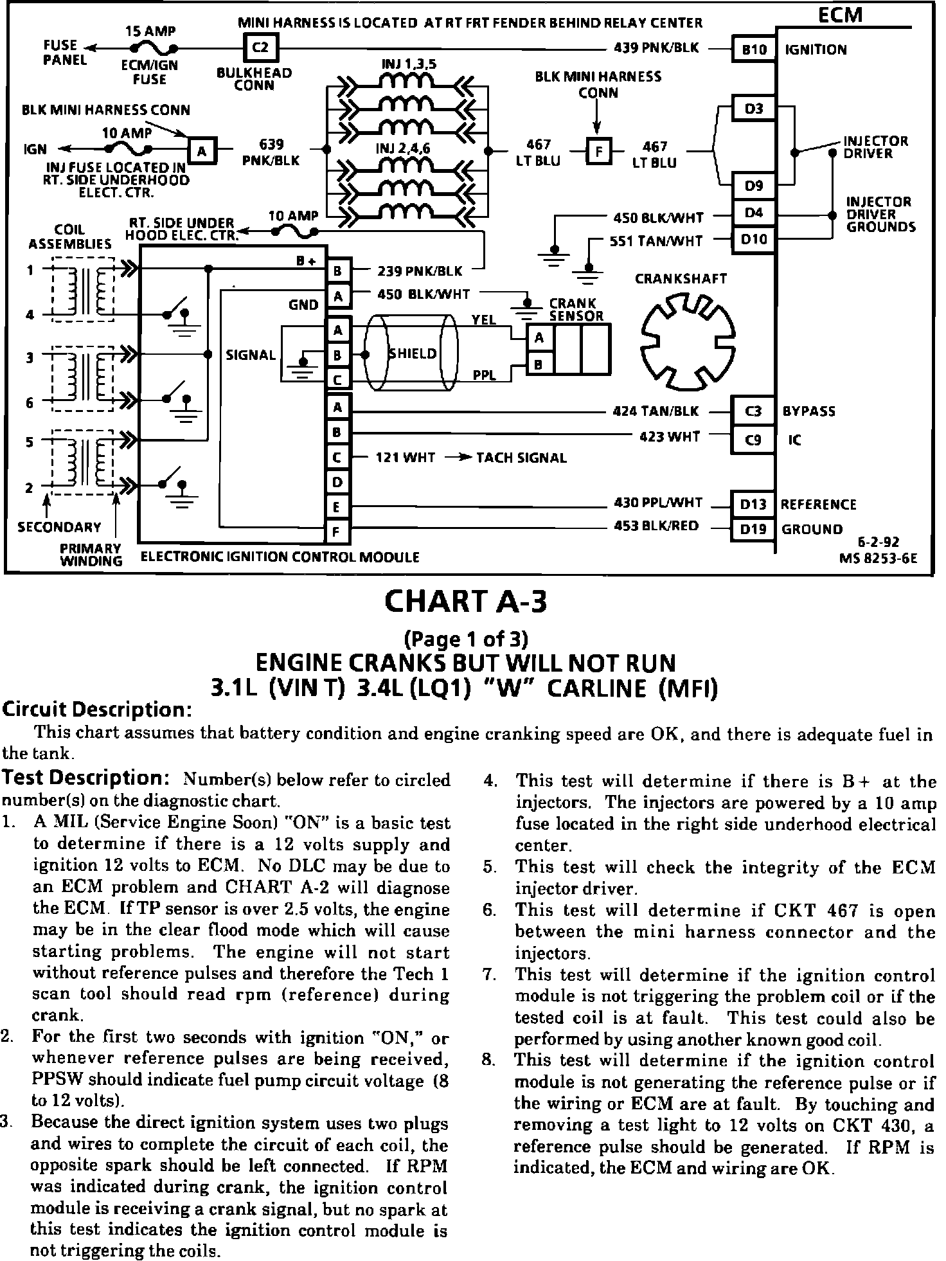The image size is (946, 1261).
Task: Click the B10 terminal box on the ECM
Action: tap(754, 49)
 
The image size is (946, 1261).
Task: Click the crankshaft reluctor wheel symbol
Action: tap(688, 341)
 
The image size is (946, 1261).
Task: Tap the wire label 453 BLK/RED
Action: tap(656, 526)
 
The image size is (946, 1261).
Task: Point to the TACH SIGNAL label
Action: tap(521, 458)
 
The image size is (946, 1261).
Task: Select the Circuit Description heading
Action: tap(98, 710)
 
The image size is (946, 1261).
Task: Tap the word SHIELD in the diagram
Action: tap(413, 354)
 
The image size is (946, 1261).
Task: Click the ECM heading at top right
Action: tap(840, 14)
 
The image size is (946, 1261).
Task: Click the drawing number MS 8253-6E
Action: tap(878, 558)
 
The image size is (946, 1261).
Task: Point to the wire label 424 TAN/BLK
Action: tap(656, 411)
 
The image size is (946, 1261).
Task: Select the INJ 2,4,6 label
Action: tap(403, 149)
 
